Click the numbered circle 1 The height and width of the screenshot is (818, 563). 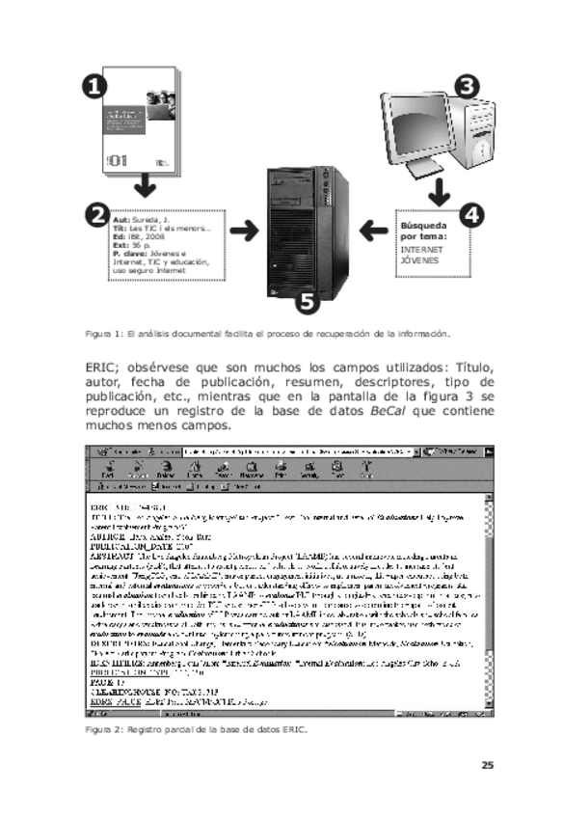[x=94, y=87]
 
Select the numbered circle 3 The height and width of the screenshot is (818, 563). [x=467, y=86]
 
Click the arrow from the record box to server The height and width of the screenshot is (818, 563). [x=248, y=232]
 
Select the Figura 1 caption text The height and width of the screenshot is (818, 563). [x=267, y=333]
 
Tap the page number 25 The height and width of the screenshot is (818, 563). [x=487, y=766]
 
